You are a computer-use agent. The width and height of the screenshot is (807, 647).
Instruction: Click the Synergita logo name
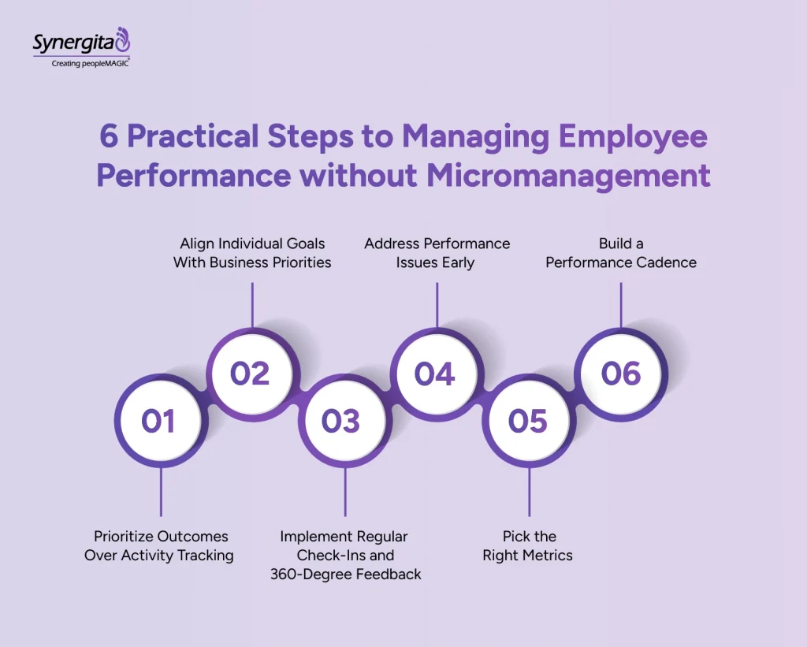point(73,43)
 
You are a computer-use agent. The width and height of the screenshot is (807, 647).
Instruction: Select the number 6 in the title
point(108,136)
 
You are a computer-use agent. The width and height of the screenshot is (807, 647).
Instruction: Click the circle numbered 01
point(158,421)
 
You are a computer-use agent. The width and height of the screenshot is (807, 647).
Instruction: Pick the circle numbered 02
point(251,373)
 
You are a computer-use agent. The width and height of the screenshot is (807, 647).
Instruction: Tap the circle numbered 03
point(341,421)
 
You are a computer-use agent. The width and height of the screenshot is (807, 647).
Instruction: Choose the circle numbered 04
point(436,373)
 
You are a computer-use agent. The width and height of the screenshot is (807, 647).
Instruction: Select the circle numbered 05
point(528,421)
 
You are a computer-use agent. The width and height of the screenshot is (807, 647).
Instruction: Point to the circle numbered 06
point(621,373)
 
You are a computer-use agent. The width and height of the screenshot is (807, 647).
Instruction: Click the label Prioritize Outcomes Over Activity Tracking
point(159,545)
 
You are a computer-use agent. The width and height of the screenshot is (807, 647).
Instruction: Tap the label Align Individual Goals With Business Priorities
point(252,252)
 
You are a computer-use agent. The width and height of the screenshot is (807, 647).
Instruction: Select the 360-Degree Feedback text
point(345,574)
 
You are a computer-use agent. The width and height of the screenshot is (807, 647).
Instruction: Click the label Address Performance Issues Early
point(437,252)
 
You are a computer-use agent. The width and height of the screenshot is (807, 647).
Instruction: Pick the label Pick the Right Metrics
point(528,545)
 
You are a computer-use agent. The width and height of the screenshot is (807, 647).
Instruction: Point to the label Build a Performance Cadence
point(621,252)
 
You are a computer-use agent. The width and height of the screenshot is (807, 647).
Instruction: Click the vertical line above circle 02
point(251,304)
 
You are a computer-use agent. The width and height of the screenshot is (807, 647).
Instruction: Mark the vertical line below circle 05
point(529,492)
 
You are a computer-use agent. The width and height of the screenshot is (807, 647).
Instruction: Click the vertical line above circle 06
point(621,304)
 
